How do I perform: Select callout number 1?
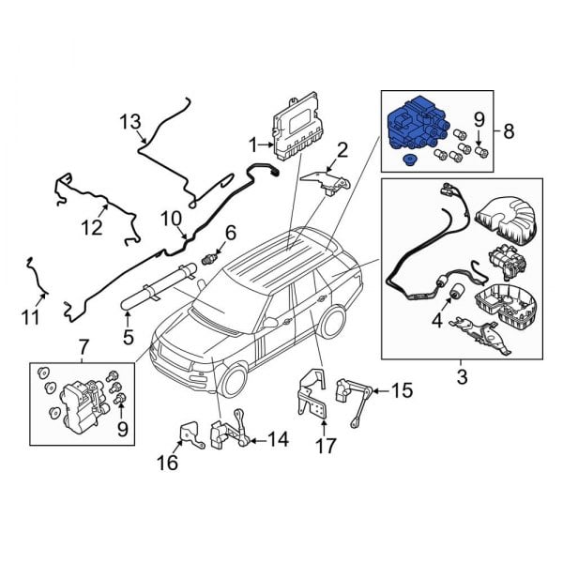point(252,144)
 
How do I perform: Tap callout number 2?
point(342,149)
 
